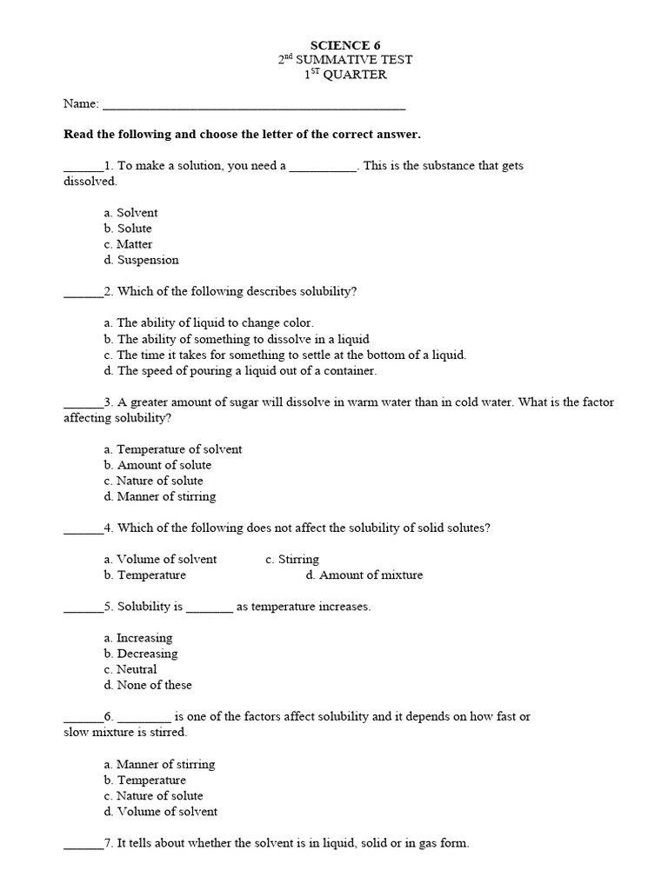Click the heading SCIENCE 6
tap(345, 44)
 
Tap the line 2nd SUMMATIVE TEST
tap(345, 59)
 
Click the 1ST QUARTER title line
tap(345, 75)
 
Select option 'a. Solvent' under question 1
tap(130, 212)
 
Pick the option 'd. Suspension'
tap(141, 259)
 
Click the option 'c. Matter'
tap(128, 243)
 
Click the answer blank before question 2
tap(83, 293)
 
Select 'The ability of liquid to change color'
tap(209, 322)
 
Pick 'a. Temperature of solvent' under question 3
tap(173, 449)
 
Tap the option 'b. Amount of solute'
tap(157, 465)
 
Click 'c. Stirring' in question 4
tap(292, 559)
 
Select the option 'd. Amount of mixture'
tap(364, 575)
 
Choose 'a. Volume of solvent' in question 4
tap(160, 559)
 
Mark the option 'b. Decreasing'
tap(141, 654)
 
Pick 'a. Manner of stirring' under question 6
tap(159, 764)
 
